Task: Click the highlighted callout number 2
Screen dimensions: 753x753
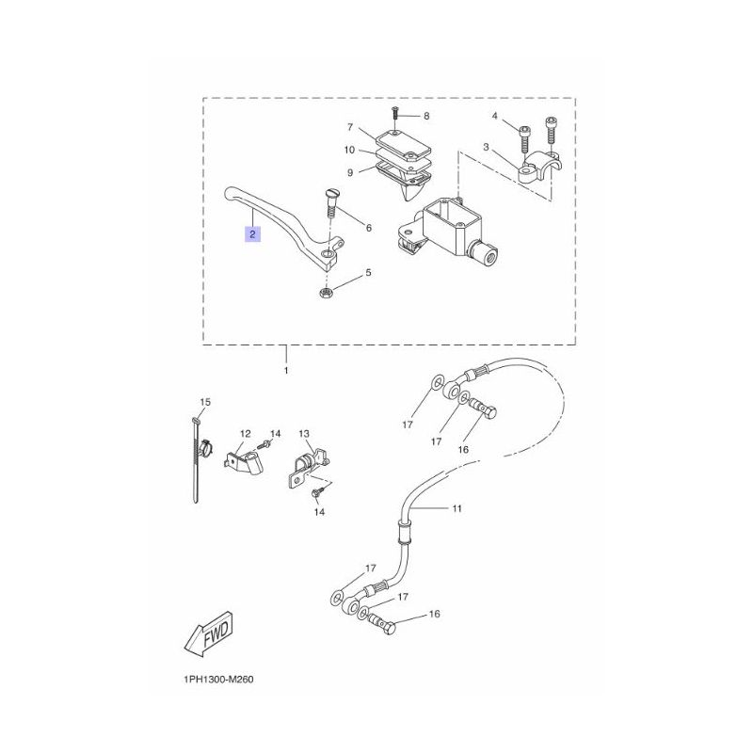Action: click(252, 234)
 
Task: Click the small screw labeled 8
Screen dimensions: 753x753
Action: click(396, 113)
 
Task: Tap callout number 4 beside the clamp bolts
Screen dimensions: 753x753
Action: click(495, 116)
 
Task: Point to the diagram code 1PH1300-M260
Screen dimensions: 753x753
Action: click(218, 680)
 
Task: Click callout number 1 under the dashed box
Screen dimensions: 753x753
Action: click(286, 371)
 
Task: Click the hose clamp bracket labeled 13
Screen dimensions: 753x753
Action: click(308, 470)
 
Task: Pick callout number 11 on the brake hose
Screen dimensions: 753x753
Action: click(457, 508)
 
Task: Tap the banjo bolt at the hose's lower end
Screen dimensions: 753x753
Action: click(382, 624)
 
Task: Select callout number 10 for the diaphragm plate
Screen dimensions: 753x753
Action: click(349, 150)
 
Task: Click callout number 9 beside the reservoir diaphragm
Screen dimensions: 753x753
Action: click(350, 172)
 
